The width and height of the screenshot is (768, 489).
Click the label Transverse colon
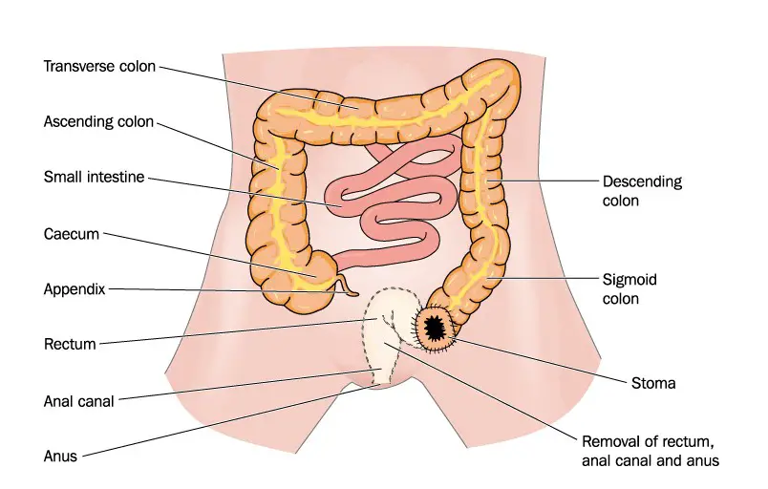coord(99,66)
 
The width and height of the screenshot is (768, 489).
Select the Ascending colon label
coord(98,121)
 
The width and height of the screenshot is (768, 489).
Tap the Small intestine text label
coord(94,177)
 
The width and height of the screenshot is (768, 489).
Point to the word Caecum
coord(72,234)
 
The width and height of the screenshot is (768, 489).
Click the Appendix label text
coord(75,289)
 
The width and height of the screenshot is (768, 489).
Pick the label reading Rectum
coord(70,344)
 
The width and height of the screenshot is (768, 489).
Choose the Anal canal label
coord(79,401)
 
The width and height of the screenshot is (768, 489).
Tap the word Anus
coord(61,457)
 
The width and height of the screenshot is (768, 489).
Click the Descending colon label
coord(642,191)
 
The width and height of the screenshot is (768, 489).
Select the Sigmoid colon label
coord(629,288)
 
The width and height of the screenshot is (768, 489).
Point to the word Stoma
coord(653,383)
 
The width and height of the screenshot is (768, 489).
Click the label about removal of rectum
coord(651,451)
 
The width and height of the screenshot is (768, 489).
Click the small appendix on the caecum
coord(345,287)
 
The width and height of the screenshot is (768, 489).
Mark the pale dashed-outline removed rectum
coord(387,333)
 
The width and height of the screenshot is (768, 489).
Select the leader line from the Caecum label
coord(210,255)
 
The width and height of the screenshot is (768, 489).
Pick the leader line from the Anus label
coord(230,421)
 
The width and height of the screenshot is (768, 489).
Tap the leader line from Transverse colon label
coord(259,87)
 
